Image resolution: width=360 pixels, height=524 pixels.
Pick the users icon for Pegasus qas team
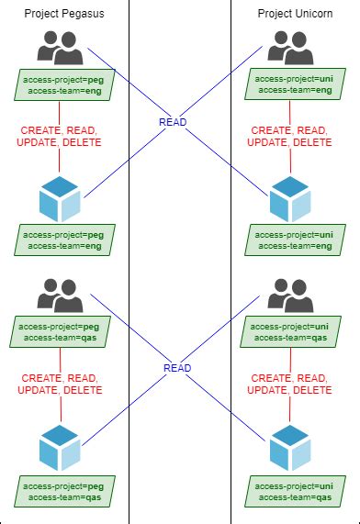(x=60, y=295)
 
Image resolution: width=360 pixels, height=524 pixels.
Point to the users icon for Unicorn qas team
(x=289, y=295)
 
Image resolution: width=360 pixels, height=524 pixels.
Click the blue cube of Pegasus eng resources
(x=60, y=198)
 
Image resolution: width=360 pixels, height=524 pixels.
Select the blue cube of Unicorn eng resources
(x=289, y=198)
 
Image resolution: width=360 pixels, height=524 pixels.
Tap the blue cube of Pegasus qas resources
(x=60, y=447)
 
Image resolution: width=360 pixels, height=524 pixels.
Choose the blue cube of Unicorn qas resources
(x=289, y=447)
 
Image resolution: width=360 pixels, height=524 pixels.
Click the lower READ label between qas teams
(x=177, y=368)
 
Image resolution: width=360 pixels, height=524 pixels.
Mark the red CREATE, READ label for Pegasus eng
(x=61, y=130)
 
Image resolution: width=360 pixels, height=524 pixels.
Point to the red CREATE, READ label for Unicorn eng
(x=290, y=130)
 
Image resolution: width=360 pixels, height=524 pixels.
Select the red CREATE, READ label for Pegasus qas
(x=61, y=377)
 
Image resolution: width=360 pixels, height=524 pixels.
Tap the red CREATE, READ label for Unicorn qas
(x=290, y=377)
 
